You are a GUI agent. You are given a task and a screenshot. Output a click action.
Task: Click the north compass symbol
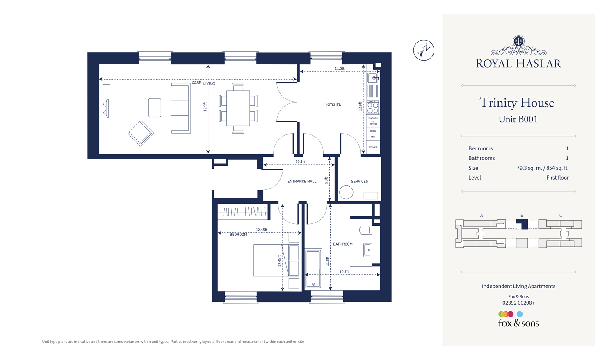click(424, 50)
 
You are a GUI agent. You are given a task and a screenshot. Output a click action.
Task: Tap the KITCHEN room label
click(333, 105)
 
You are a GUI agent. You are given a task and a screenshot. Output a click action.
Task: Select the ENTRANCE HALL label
click(301, 181)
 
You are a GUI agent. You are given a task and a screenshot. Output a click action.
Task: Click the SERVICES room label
click(359, 181)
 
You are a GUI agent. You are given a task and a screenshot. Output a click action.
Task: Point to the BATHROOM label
click(342, 244)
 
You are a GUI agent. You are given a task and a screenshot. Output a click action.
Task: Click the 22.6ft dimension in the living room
click(196, 82)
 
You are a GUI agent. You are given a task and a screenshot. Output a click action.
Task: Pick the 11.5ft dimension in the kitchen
click(339, 68)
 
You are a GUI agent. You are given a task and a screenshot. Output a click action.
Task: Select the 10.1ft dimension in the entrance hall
click(300, 162)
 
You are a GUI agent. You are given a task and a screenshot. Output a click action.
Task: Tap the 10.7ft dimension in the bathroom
click(344, 272)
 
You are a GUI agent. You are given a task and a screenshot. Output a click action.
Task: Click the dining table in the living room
click(238, 108)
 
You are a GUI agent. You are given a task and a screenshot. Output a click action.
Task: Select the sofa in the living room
click(180, 108)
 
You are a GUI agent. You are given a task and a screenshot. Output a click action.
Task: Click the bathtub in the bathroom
click(313, 269)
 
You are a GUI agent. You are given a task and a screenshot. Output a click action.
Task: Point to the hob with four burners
click(373, 107)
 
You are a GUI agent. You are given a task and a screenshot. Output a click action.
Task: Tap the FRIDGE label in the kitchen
click(373, 147)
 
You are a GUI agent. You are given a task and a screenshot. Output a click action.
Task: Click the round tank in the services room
click(346, 192)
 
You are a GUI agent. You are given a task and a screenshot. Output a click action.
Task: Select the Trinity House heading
click(517, 103)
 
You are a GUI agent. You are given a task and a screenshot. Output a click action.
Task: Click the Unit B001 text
click(518, 119)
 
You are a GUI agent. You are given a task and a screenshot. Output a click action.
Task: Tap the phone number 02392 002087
click(518, 303)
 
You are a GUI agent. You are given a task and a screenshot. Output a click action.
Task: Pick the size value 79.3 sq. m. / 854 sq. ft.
click(542, 168)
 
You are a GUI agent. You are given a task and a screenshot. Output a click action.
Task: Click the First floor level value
click(557, 178)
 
